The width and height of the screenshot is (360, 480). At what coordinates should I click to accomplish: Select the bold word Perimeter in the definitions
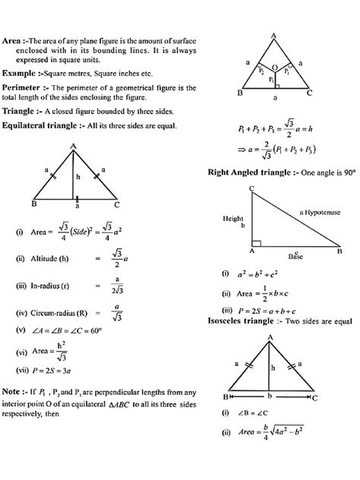coord(23,88)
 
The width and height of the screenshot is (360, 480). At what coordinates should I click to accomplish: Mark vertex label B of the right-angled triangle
coord(339,250)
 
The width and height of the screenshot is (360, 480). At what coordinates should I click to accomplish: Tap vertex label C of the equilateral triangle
coord(115,204)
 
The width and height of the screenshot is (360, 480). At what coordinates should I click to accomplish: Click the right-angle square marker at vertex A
coord(254,245)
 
